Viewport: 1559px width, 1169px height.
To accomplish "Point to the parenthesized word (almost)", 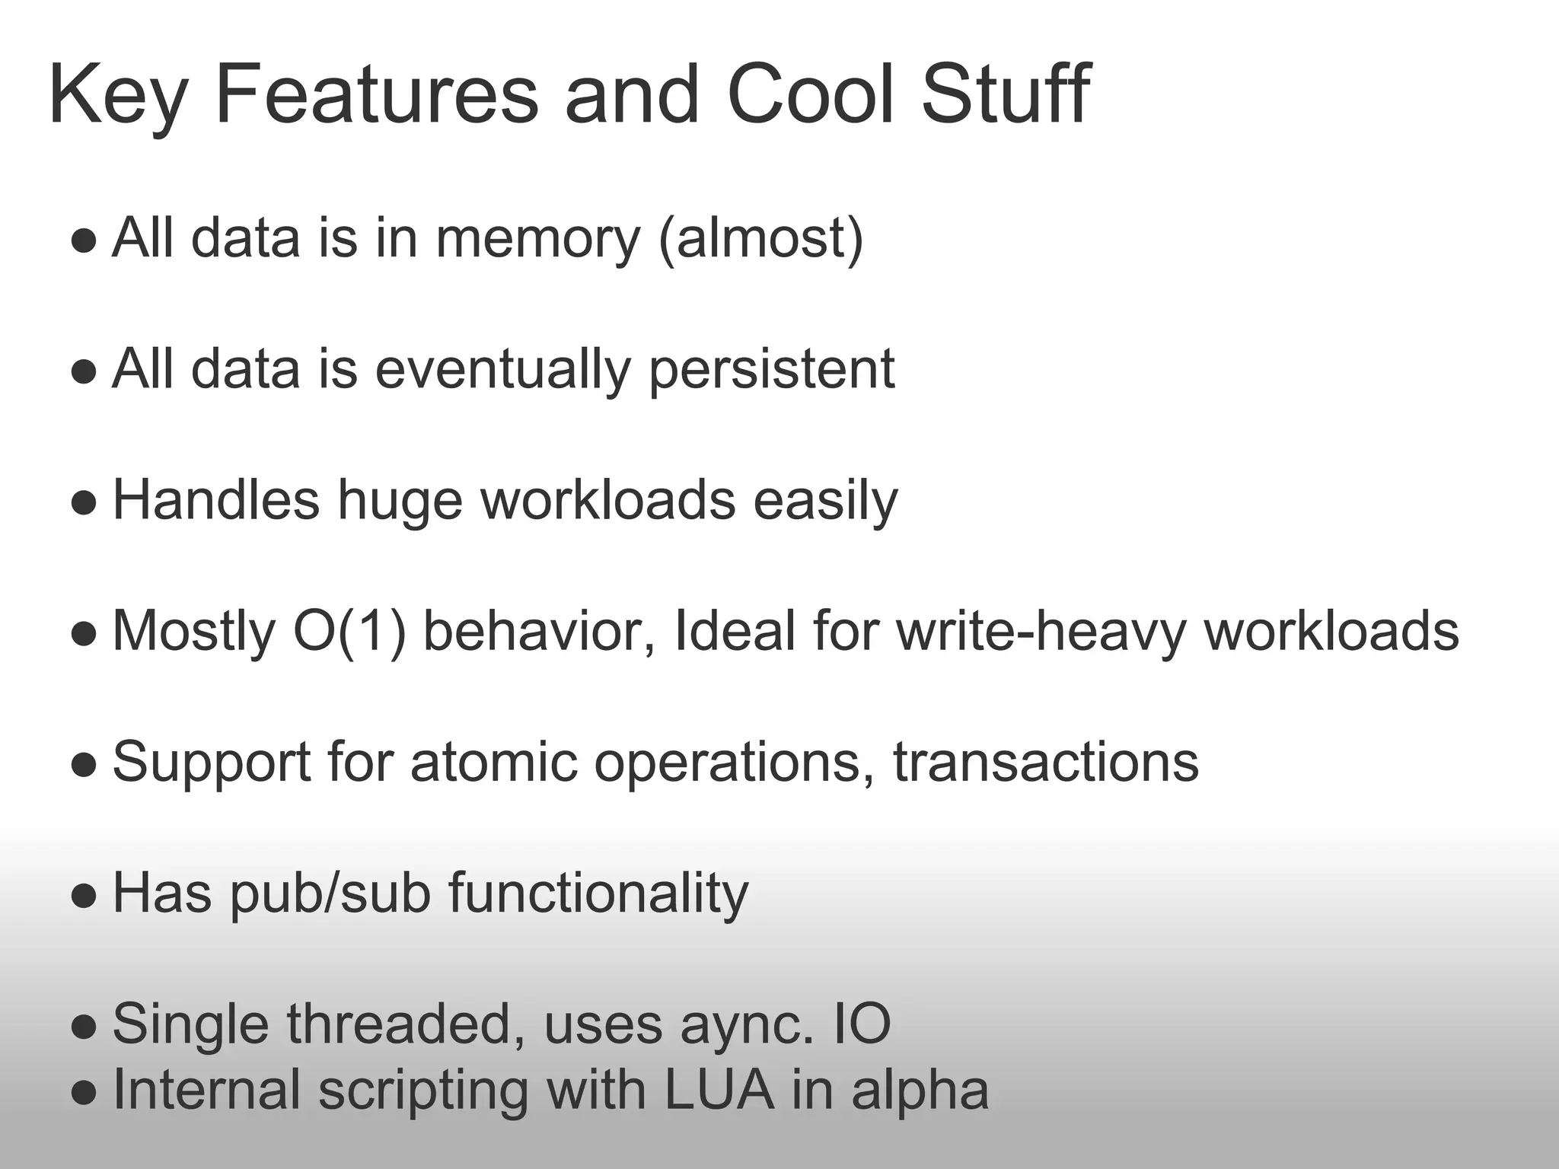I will [760, 239].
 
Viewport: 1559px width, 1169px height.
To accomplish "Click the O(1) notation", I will [349, 632].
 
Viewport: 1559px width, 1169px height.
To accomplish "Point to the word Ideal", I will [735, 632].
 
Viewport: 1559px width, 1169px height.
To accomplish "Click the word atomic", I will [493, 763].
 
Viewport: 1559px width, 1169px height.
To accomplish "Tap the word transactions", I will [1046, 763].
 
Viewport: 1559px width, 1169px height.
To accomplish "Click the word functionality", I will [598, 893].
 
